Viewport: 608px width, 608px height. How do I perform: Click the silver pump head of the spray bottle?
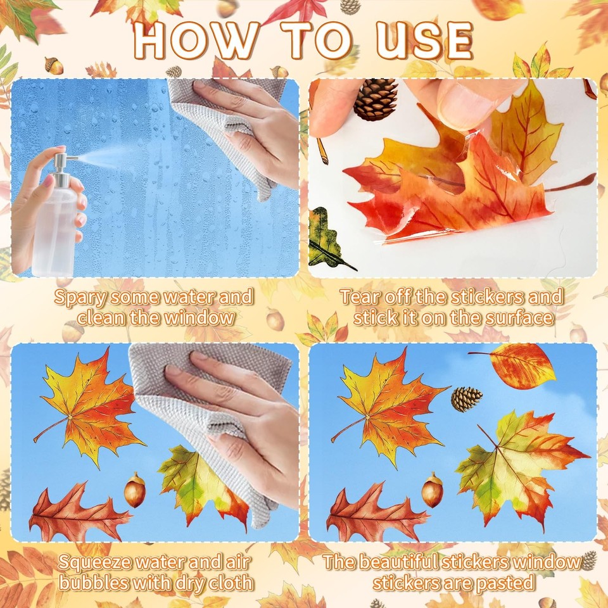[63, 166]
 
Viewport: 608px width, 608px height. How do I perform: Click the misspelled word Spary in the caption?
[80, 296]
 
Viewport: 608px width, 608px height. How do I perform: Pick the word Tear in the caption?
[359, 296]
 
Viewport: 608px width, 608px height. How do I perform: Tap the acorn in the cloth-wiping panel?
[135, 490]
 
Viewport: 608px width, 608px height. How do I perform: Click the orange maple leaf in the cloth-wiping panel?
[89, 405]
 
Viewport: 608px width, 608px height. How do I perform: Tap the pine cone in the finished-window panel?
[466, 398]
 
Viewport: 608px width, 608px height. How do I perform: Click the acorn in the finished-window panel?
[433, 490]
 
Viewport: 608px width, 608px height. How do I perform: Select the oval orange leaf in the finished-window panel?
[521, 365]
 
